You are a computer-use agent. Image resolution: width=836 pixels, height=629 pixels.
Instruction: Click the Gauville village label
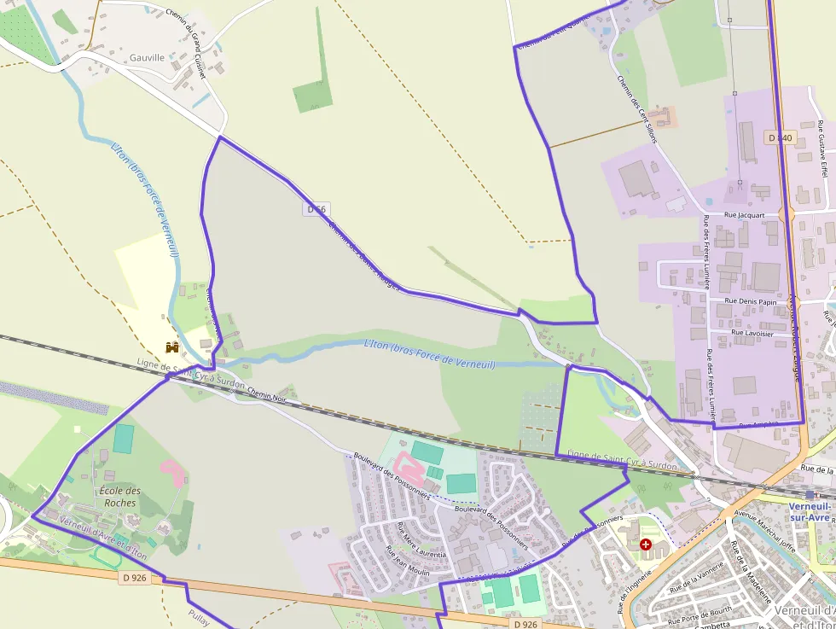(x=147, y=57)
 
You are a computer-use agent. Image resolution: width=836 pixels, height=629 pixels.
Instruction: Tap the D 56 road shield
(x=316, y=209)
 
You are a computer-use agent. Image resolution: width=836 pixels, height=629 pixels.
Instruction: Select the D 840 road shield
(x=780, y=137)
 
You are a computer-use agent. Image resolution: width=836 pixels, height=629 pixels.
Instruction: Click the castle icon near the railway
(x=172, y=347)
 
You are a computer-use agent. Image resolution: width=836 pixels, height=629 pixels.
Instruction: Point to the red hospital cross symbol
(x=646, y=544)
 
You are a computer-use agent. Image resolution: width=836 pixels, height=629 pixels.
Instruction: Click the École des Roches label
(x=119, y=497)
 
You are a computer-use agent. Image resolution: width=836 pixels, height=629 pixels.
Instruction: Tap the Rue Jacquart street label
(x=744, y=216)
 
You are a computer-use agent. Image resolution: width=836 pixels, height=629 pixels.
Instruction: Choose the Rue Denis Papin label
(x=751, y=301)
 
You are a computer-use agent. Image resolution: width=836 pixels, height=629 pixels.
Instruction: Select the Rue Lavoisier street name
(x=752, y=333)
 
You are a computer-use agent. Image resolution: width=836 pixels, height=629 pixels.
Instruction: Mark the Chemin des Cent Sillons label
(x=637, y=108)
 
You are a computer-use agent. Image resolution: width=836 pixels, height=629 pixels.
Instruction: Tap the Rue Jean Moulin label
(x=408, y=561)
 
